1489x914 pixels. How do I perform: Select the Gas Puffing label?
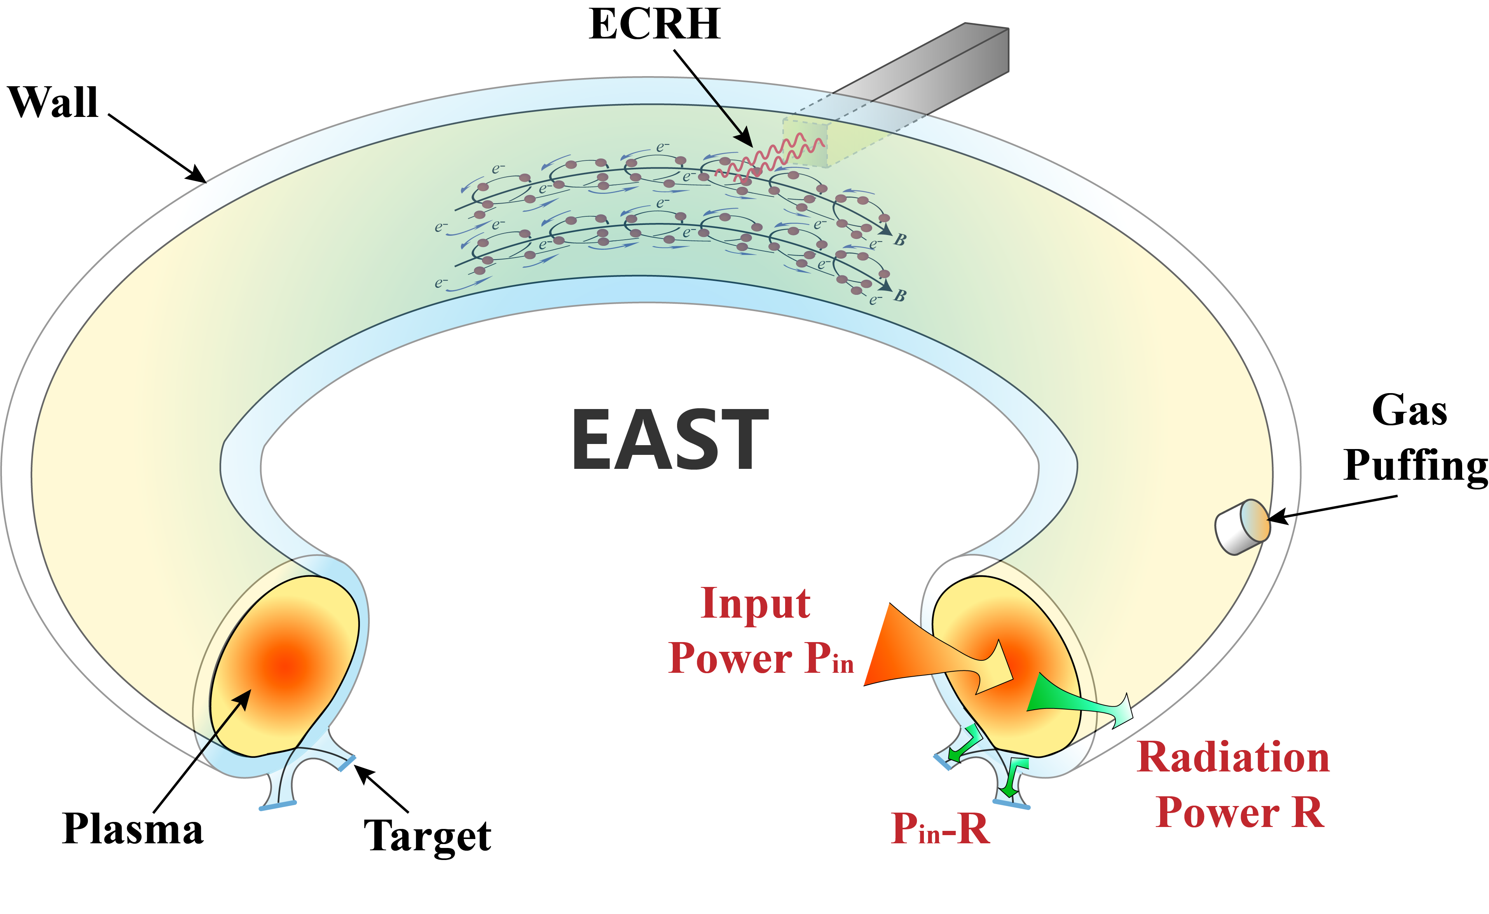pyautogui.click(x=1414, y=438)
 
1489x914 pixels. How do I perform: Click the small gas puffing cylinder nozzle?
pyautogui.click(x=1243, y=526)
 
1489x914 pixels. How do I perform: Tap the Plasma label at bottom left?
pyautogui.click(x=133, y=829)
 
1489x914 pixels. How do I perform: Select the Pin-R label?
pyautogui.click(x=941, y=829)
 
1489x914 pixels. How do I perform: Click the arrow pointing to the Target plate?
pyautogui.click(x=382, y=789)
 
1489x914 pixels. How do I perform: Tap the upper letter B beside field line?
pyautogui.click(x=900, y=240)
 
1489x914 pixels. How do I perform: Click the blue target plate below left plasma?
pyautogui.click(x=278, y=805)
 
